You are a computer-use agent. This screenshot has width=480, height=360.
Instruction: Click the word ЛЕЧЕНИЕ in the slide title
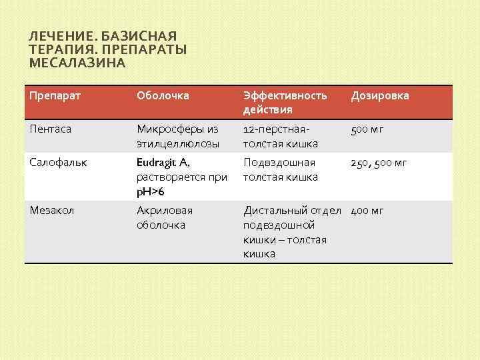point(55,36)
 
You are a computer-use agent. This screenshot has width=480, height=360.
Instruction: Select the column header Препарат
point(55,95)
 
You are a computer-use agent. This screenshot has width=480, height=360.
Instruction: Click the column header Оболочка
point(163,95)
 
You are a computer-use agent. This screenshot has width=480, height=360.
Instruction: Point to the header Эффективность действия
point(285,102)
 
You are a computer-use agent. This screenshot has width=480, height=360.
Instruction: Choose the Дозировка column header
point(380,95)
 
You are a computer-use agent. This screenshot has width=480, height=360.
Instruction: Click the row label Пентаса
point(51,129)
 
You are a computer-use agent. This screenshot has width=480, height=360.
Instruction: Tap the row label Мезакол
point(52,211)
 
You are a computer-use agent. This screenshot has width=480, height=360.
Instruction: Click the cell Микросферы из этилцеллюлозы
point(177,136)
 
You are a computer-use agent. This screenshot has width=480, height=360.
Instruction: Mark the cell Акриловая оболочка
point(164,217)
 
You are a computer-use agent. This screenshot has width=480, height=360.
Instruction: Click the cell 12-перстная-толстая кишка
point(281,136)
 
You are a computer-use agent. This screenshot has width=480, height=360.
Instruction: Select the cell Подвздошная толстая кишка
point(280,169)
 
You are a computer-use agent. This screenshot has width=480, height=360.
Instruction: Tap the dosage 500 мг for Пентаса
point(367,129)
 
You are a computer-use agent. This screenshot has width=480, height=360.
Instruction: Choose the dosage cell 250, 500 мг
point(378,163)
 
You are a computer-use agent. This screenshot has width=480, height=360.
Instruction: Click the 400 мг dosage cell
point(367,211)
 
